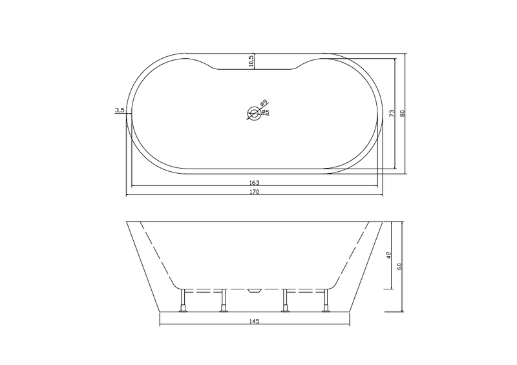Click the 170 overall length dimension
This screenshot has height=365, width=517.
pos(255,192)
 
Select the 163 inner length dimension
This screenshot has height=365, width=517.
pos(255,182)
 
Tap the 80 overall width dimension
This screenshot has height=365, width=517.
pos(402,113)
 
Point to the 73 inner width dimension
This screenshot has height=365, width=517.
pos(392,113)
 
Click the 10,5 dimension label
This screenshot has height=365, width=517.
pos(251,61)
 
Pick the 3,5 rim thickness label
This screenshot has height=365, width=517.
pos(120,110)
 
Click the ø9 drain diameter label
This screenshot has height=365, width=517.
pos(264,103)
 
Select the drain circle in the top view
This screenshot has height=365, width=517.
pos(254,114)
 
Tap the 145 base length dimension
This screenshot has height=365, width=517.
pos(255,321)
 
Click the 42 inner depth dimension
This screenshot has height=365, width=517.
pos(388,255)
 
